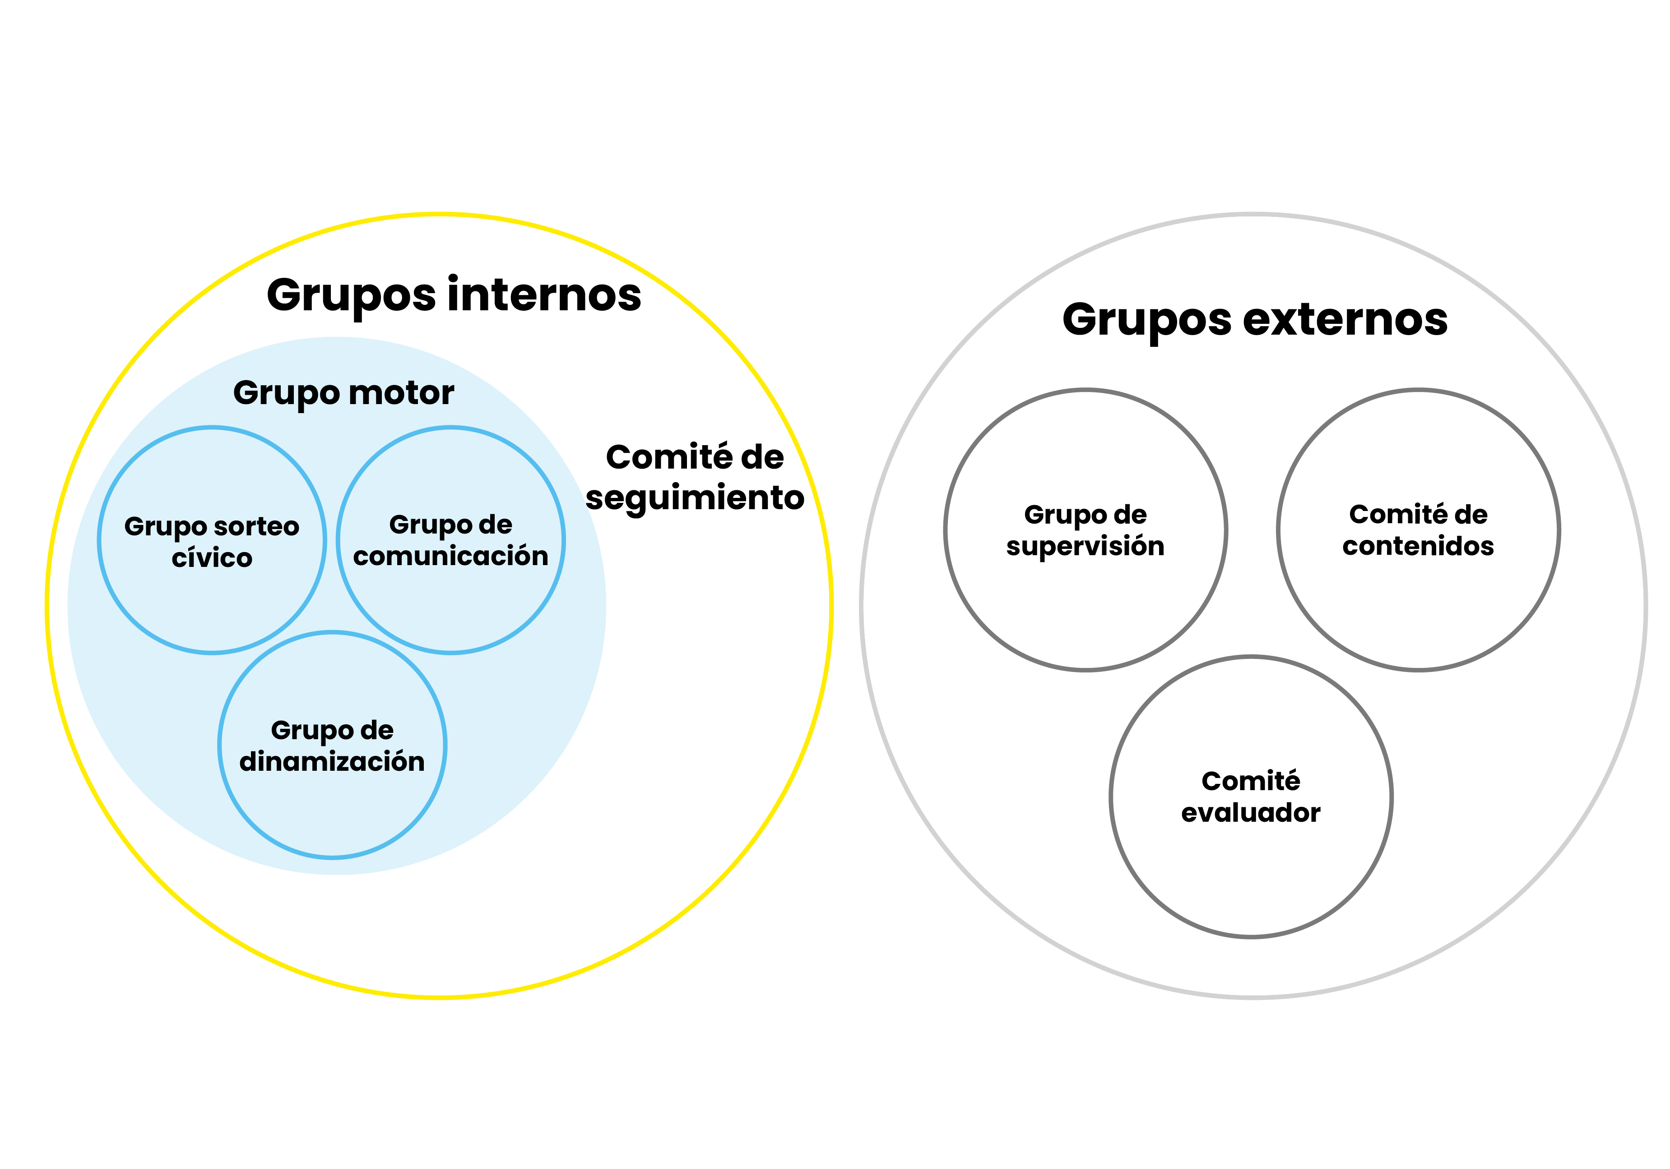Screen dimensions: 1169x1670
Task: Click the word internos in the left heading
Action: point(543,295)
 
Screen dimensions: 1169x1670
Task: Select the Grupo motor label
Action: point(343,392)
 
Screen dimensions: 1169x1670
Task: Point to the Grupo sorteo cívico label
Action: point(212,542)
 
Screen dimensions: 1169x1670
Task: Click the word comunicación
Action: point(451,556)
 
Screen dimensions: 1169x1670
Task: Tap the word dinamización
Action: point(332,762)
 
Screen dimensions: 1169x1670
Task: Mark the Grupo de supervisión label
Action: point(1085,530)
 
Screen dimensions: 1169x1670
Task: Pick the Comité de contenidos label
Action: point(1418,530)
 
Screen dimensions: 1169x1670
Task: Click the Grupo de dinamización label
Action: point(332,746)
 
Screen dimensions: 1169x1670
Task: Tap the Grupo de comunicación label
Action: point(451,540)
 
